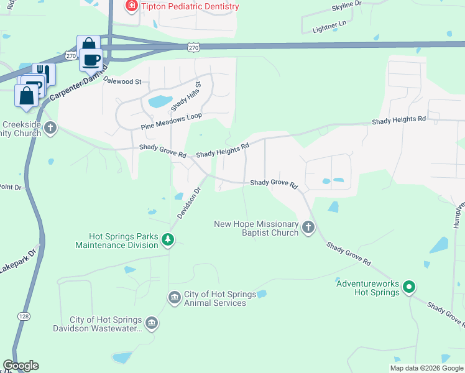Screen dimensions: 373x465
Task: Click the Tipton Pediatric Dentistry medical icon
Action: coord(131,7)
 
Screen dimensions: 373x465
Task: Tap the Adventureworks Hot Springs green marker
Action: coord(408,287)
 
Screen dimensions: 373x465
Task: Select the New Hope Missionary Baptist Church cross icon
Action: coord(308,228)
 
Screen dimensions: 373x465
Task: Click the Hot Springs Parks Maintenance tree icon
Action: coord(167,239)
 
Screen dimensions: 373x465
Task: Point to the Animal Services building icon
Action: coord(175,298)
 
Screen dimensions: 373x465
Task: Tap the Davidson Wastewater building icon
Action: coord(151,323)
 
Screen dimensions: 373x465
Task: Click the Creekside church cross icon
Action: coord(50,129)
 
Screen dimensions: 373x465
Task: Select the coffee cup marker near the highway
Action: coord(91,60)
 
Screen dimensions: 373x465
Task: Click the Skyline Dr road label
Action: coord(346,4)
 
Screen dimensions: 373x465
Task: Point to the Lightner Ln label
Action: coord(329,24)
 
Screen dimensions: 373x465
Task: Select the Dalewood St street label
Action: coord(122,81)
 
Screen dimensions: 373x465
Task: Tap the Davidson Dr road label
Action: coord(190,203)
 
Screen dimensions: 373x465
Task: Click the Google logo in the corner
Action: coord(21,366)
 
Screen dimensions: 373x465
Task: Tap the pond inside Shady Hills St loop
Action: coord(160,101)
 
